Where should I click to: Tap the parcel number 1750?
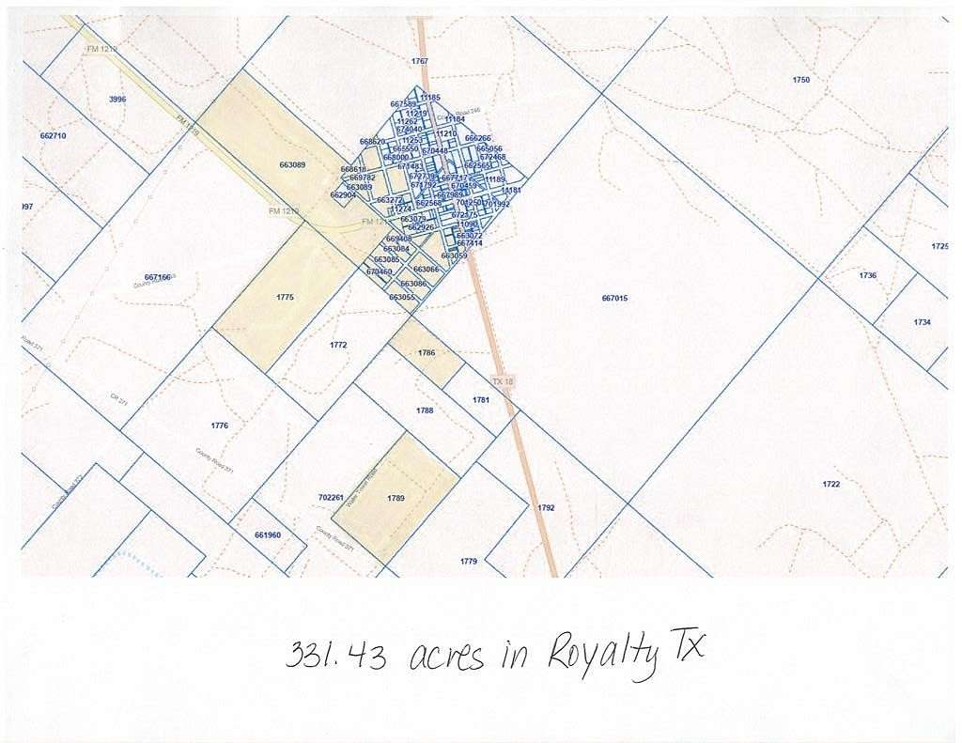tap(800, 81)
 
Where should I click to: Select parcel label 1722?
tap(830, 485)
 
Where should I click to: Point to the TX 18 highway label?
tap(504, 381)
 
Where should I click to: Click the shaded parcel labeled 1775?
tap(286, 297)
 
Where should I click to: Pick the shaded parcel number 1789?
tap(396, 498)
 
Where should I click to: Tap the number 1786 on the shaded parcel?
tap(427, 353)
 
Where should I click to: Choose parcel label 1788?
tap(425, 410)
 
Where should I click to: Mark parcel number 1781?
tap(481, 400)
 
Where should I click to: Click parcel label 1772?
tap(338, 346)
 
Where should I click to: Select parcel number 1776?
tap(219, 426)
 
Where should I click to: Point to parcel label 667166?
tap(158, 277)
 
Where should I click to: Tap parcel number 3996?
tap(117, 99)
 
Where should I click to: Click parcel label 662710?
tap(54, 136)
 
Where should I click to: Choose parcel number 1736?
tap(867, 275)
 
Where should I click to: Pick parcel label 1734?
tap(922, 322)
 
